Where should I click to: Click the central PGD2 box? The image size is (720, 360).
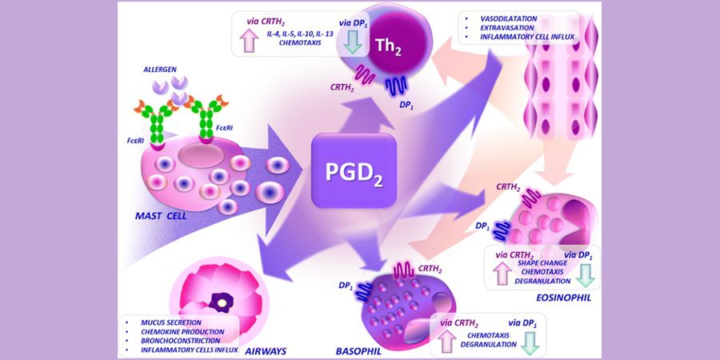[x=354, y=170]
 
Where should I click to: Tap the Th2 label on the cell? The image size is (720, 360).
[x=389, y=47]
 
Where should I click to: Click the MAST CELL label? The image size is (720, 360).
[x=161, y=215]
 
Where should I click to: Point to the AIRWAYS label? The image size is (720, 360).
[x=266, y=351]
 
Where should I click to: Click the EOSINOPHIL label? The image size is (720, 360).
[x=563, y=298]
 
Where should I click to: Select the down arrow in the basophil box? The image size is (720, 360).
[x=532, y=343]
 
